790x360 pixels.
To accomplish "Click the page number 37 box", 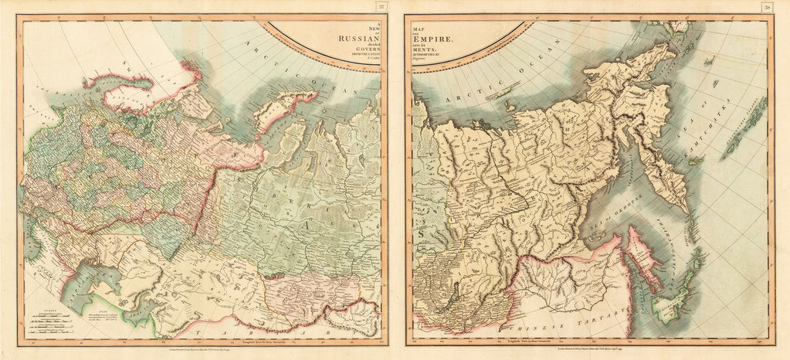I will click(x=381, y=7).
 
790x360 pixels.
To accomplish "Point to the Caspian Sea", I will click(x=93, y=283).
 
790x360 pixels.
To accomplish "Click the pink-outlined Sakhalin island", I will click(x=643, y=255).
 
